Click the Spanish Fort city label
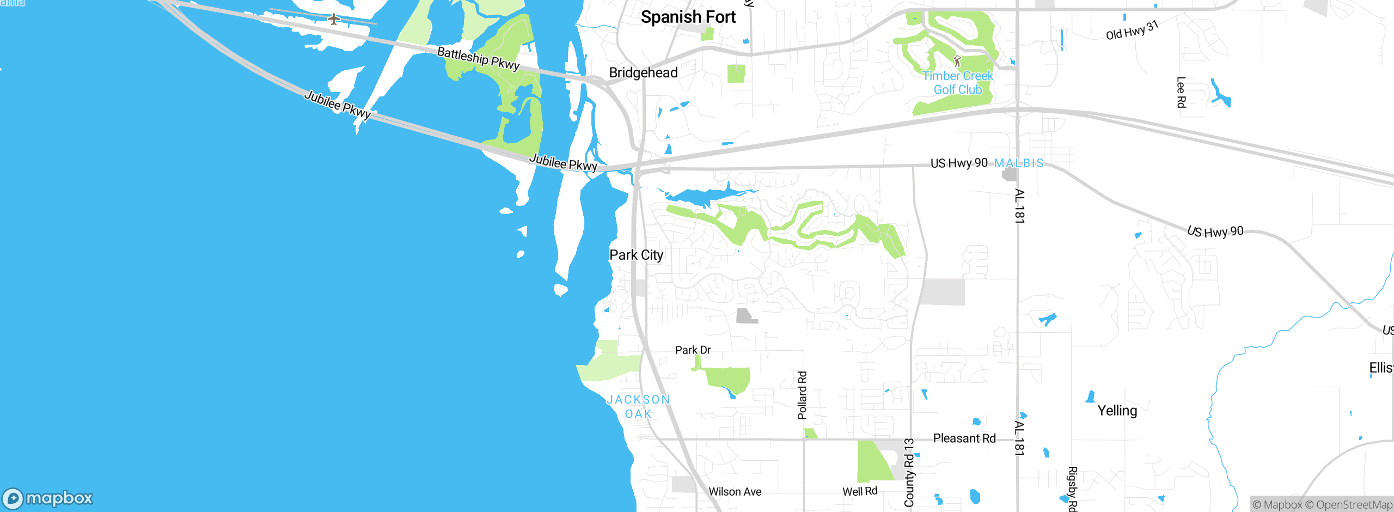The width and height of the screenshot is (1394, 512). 688,17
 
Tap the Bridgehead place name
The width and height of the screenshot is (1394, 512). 643,72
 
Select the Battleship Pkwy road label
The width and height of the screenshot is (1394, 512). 478,58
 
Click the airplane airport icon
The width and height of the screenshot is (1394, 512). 334,20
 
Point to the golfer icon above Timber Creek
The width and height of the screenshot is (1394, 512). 957,60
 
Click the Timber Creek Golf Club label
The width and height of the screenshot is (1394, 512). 958,83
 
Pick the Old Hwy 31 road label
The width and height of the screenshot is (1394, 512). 1132,31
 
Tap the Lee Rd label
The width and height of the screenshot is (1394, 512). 1181,92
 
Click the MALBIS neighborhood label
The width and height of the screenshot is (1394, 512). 1019,163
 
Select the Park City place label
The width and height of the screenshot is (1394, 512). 636,255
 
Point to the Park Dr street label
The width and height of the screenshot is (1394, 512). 693,350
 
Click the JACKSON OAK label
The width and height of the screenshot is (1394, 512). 638,407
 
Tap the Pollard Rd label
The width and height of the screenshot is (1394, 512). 802,395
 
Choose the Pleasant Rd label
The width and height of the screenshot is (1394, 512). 964,438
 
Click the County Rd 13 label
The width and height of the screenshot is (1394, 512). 909,472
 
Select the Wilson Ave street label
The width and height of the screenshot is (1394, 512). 735,492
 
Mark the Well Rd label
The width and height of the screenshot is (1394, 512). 860,491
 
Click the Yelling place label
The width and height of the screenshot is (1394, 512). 1117,411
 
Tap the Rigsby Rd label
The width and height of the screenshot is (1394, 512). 1072,489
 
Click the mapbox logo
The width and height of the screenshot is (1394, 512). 48,498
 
